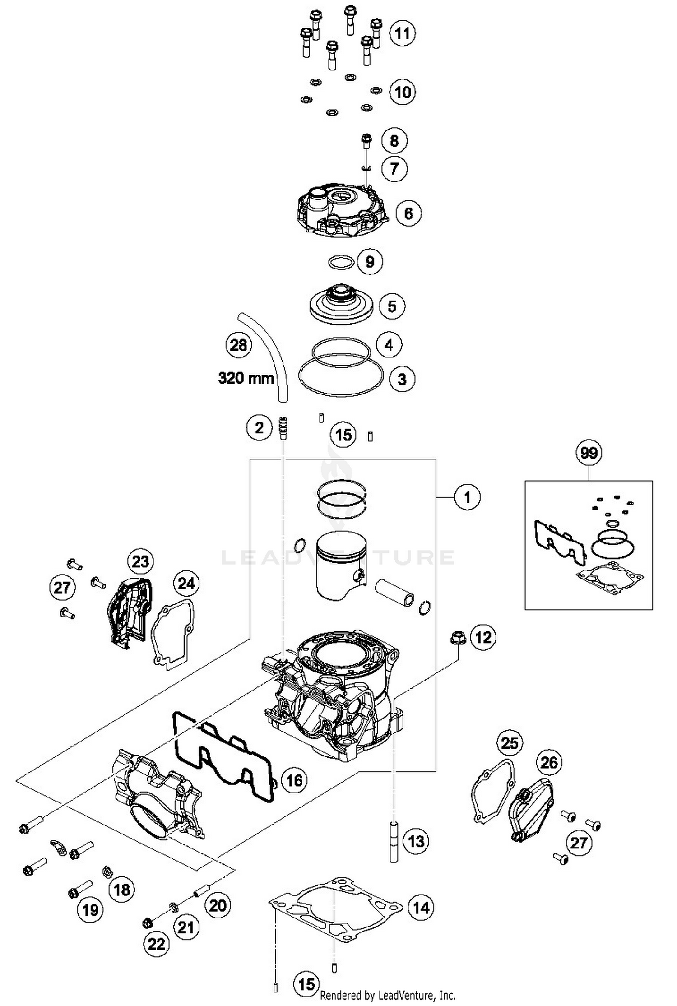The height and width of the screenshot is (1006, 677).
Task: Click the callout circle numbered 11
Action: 402,33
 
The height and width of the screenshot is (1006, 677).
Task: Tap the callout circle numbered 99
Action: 589,453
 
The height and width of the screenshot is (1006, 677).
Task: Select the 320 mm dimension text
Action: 246,377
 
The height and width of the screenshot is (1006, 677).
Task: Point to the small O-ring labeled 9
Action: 340,262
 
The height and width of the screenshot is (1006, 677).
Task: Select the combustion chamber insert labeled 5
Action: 341,305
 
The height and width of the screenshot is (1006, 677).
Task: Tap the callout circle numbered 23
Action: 140,561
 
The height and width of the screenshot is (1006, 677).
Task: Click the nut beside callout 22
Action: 146,923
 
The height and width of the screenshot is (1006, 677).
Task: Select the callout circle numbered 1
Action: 467,497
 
